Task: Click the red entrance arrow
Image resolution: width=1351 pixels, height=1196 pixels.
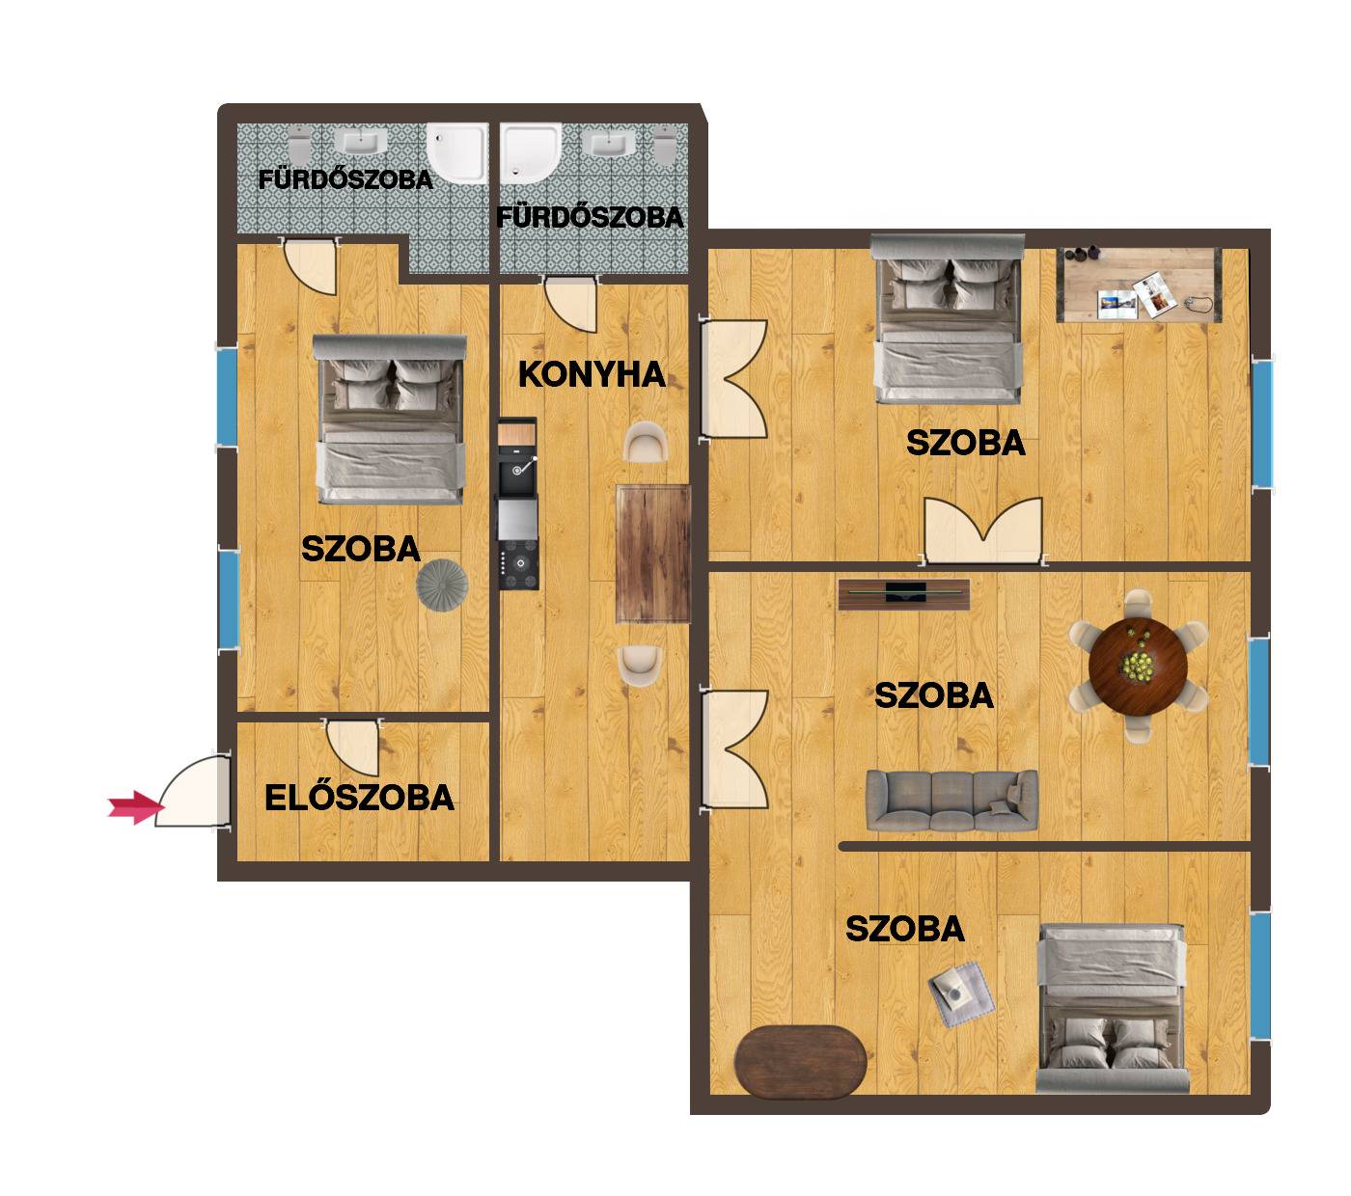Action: [x=135, y=807]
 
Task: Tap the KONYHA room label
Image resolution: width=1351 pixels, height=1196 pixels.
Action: [x=592, y=374]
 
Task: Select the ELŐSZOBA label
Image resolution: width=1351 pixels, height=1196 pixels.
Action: [x=359, y=798]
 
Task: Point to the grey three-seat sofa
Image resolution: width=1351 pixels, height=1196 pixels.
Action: [x=951, y=800]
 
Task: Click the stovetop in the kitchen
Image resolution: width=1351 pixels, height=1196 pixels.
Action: [x=518, y=564]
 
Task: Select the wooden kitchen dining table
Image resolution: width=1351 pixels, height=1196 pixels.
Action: [x=653, y=554]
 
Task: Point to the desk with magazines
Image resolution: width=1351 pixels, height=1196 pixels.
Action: [x=1139, y=285]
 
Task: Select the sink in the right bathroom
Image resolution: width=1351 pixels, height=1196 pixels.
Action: [x=608, y=143]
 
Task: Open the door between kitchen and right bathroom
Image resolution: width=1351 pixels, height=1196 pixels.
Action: [x=571, y=303]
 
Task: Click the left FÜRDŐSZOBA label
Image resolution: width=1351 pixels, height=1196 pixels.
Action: [x=345, y=179]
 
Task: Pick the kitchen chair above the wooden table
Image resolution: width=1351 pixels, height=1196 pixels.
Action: [x=646, y=442]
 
